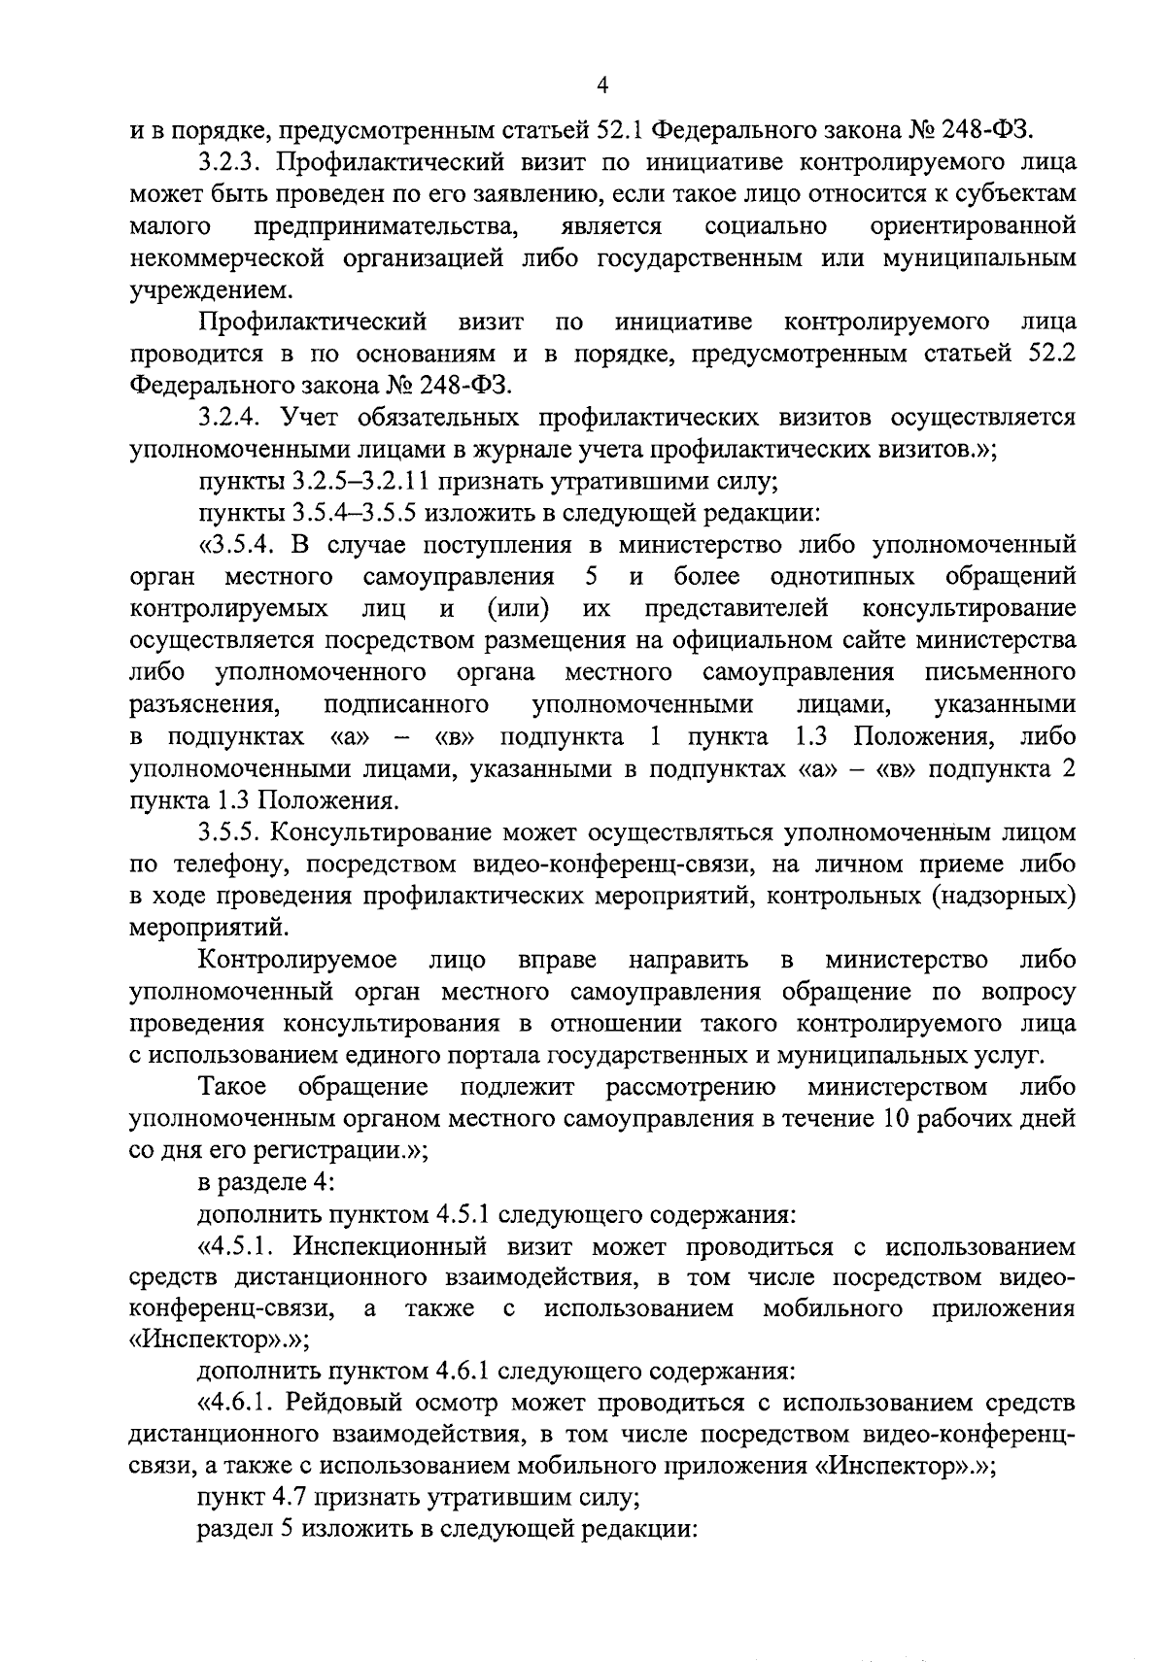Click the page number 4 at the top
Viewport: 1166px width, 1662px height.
[x=602, y=86]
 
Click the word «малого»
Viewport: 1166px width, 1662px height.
[x=171, y=226]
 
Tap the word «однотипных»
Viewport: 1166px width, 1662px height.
[x=841, y=577]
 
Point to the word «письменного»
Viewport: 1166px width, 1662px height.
[x=1001, y=673]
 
